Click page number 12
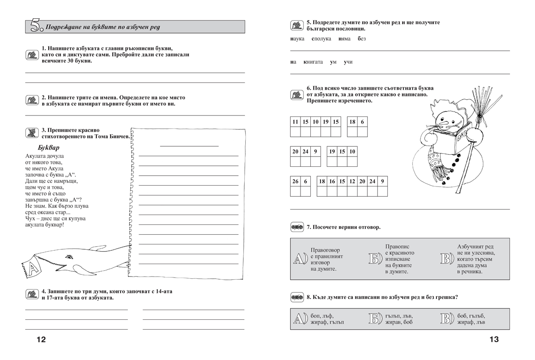(41, 340)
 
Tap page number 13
(494, 340)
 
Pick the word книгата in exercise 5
(313, 62)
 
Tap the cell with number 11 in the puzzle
(295, 122)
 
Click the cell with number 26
(295, 182)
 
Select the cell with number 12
(352, 182)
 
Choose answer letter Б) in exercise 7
(376, 259)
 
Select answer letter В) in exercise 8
(447, 319)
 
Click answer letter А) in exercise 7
(299, 259)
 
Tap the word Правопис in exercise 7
(397, 246)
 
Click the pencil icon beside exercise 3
(31, 132)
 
